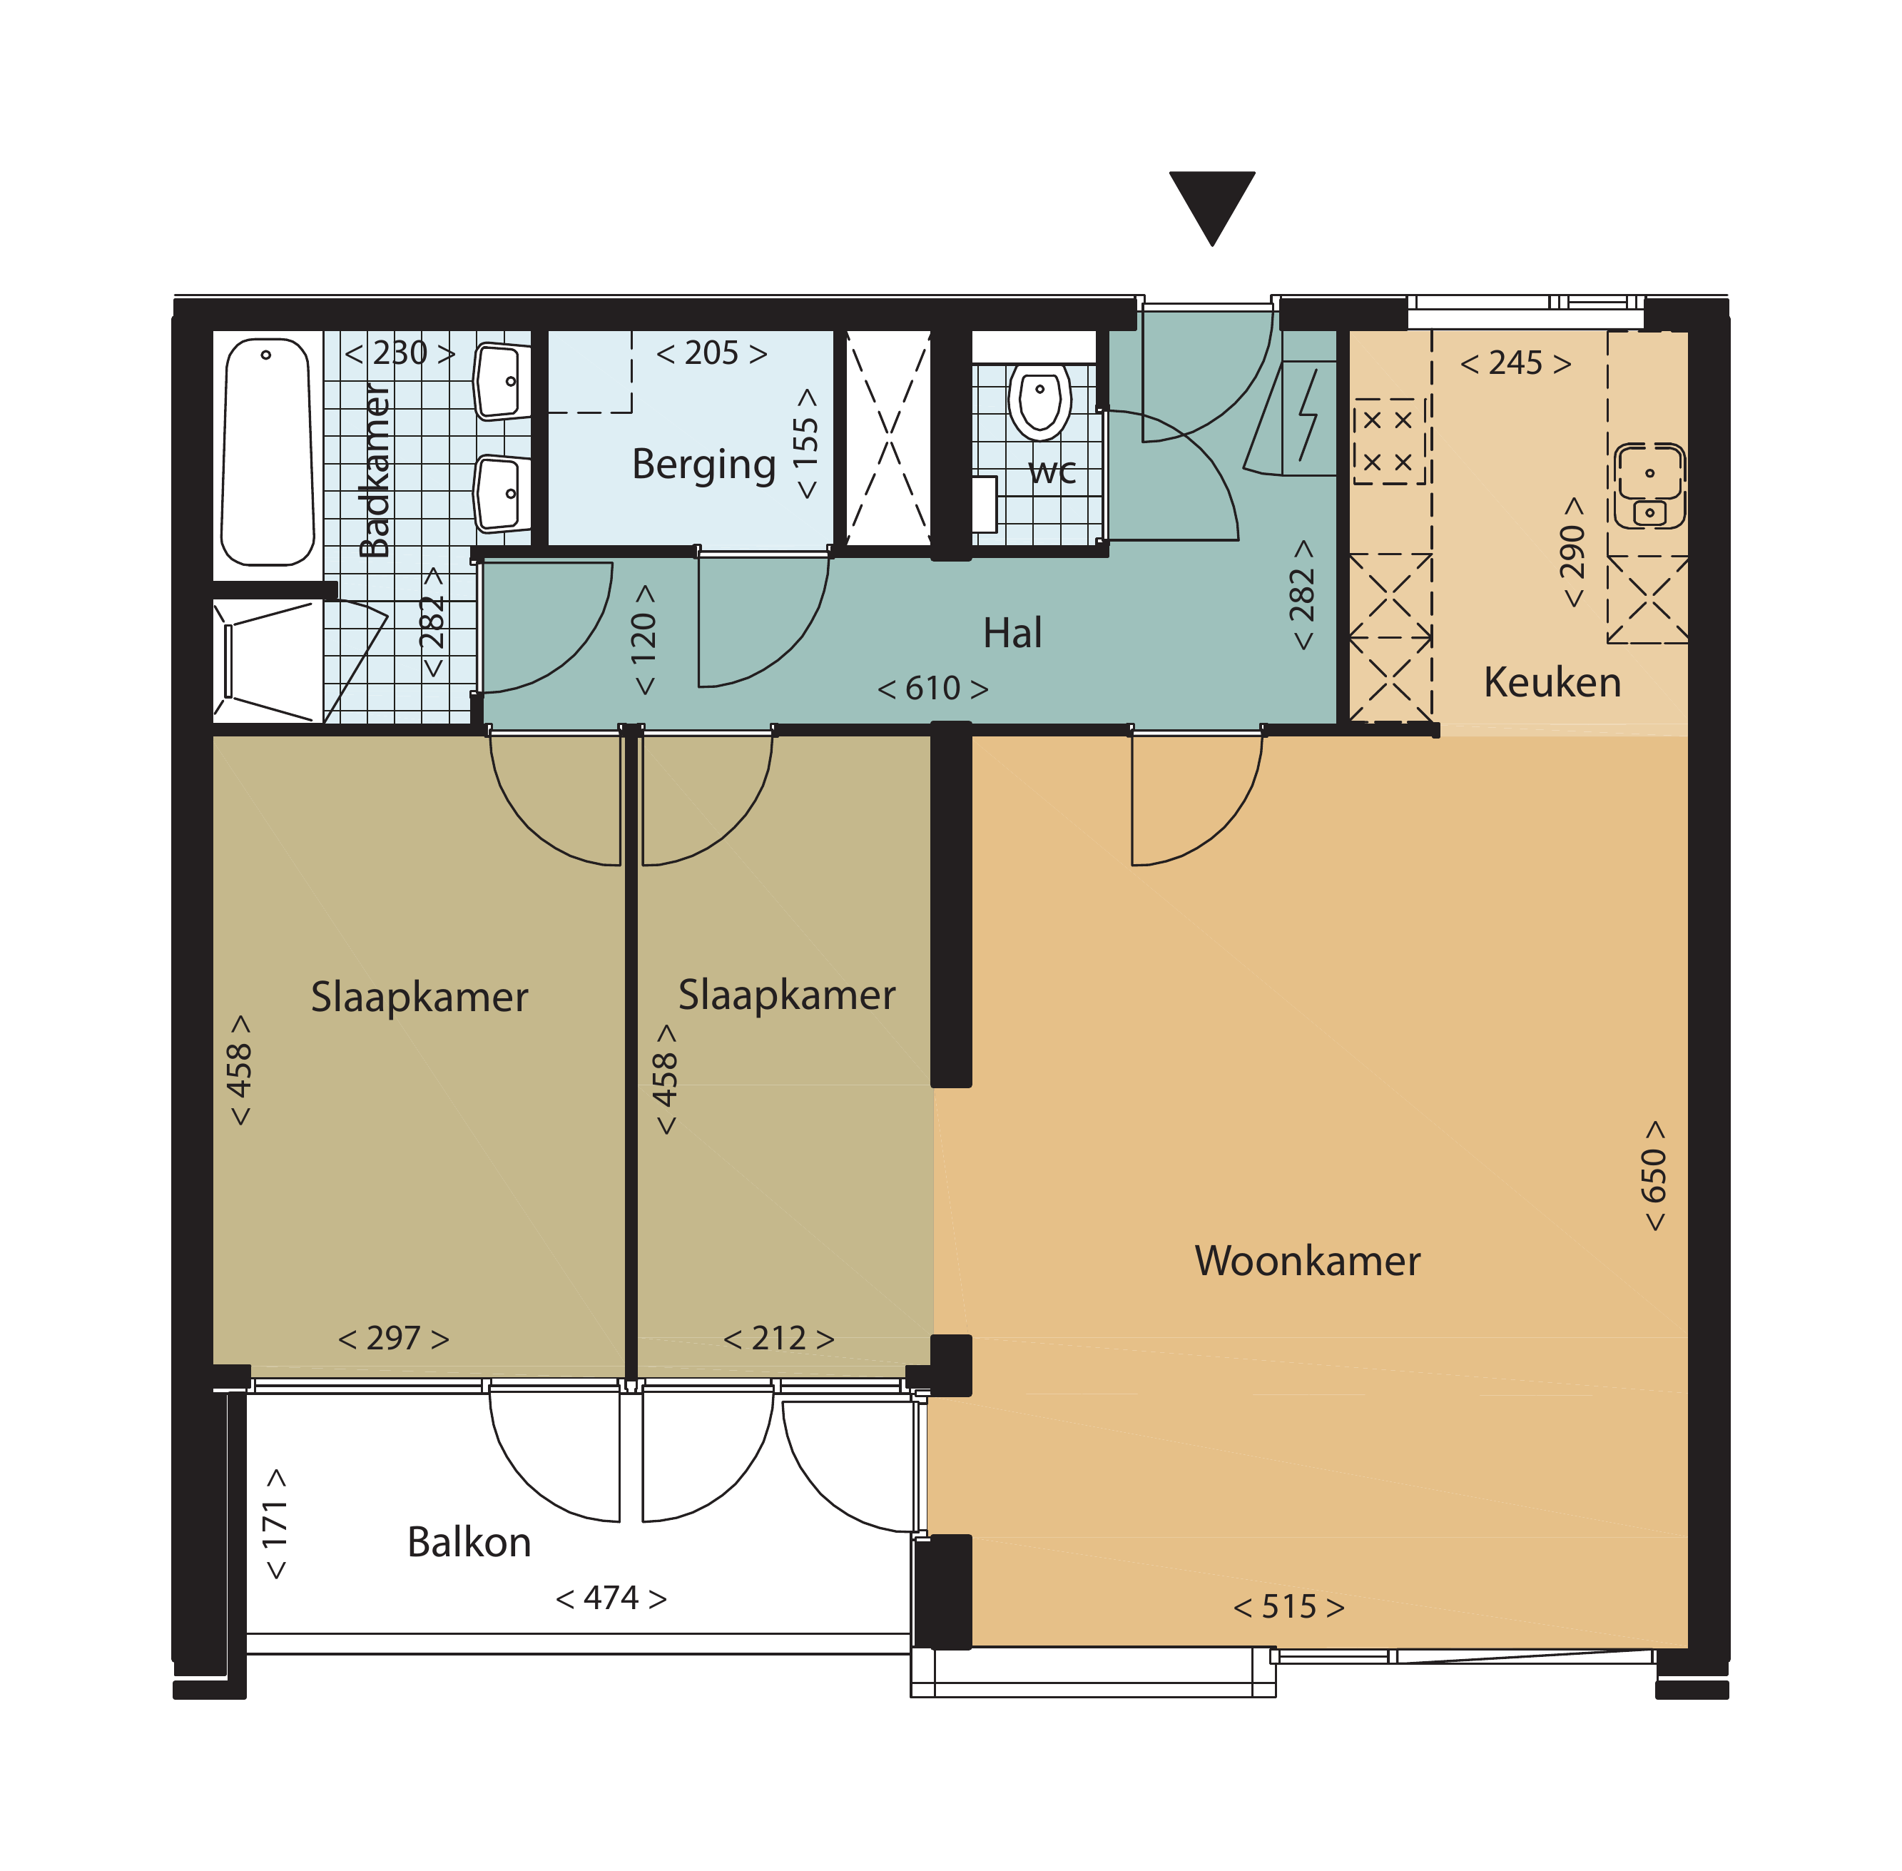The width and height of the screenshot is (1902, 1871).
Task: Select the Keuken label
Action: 1552,682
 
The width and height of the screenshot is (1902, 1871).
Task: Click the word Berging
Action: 703,465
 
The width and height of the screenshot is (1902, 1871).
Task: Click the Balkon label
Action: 469,1542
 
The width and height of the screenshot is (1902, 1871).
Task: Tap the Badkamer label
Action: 375,471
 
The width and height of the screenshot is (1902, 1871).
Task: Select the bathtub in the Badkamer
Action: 268,452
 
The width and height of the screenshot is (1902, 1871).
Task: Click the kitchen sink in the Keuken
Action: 1649,485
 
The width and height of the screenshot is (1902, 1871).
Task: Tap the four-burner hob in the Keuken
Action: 1388,441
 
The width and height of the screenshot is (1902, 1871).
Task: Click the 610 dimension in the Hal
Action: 932,688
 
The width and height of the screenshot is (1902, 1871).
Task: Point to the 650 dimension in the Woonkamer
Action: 1654,1175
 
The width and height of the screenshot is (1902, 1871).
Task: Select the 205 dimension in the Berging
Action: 711,353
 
